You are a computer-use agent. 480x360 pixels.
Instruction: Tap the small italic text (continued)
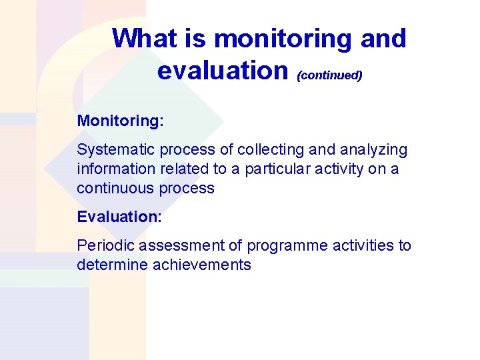tap(330, 75)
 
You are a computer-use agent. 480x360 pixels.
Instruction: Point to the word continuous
tap(115, 188)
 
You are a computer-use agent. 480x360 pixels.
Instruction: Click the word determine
tap(112, 265)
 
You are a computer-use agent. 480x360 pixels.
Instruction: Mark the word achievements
tap(202, 265)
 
